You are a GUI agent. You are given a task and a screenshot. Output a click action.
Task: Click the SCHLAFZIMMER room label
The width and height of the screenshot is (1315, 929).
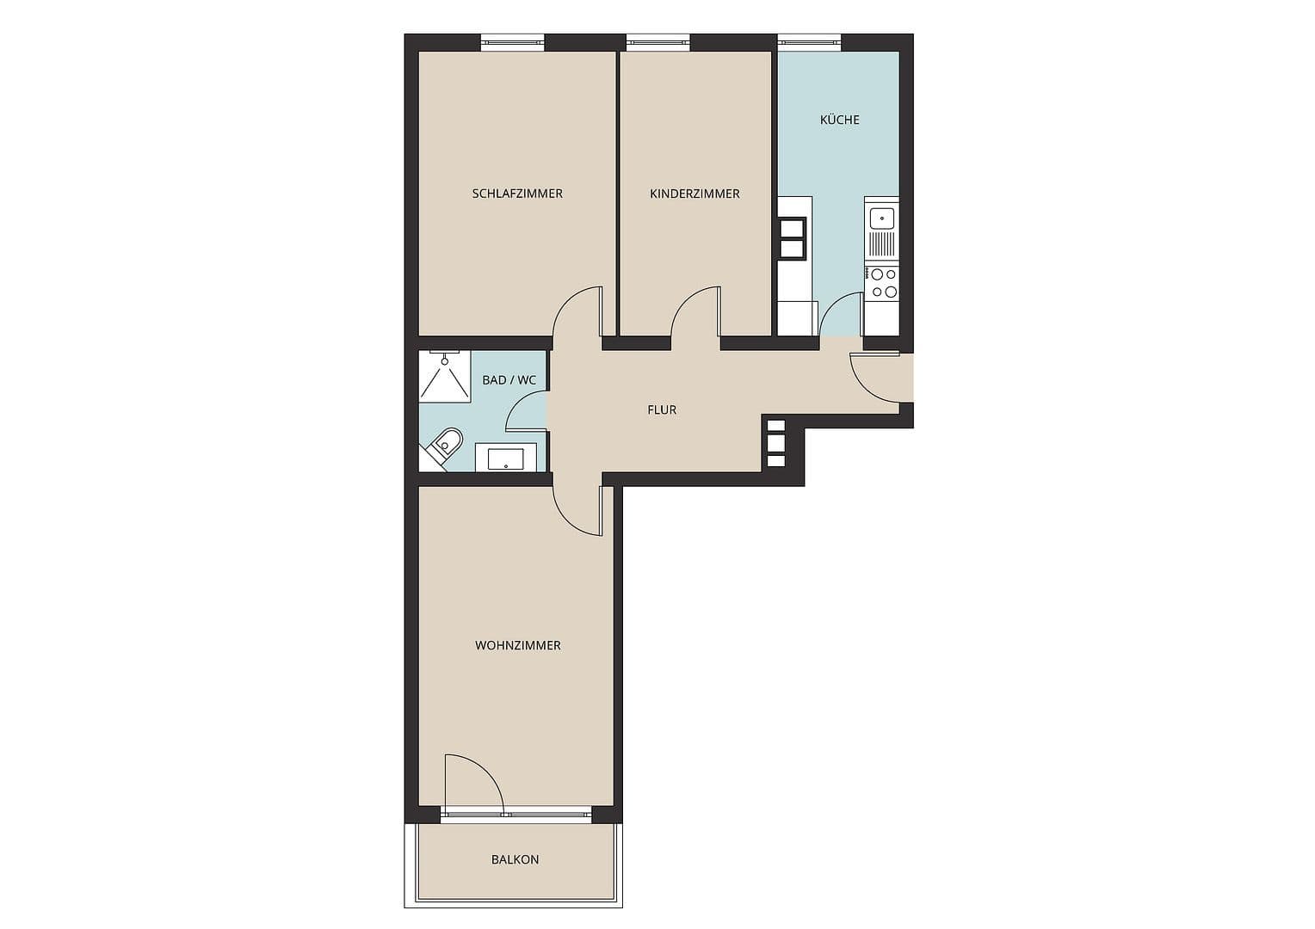[517, 194]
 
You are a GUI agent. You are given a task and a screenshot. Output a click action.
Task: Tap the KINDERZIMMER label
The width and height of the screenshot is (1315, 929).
[695, 194]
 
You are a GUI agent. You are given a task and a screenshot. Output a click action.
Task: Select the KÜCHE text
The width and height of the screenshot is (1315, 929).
[839, 120]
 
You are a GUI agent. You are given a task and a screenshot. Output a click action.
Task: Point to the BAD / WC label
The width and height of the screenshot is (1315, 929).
[509, 379]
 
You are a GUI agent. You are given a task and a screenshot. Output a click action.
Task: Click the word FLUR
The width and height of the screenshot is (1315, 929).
[662, 409]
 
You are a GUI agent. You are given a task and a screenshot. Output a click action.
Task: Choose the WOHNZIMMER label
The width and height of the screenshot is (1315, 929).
[517, 645]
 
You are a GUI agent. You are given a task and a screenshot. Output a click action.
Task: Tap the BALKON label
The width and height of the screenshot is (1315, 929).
[515, 859]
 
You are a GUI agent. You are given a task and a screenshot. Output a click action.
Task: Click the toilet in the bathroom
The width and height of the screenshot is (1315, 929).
[444, 446]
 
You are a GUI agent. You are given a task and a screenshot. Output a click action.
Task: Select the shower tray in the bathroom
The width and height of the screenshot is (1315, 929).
[444, 375]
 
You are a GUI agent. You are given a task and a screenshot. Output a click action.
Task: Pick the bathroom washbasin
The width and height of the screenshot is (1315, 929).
[506, 458]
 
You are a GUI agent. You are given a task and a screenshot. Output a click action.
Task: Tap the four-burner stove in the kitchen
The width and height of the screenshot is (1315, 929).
[882, 283]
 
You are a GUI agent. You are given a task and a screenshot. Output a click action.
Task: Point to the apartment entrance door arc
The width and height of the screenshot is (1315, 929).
[873, 377]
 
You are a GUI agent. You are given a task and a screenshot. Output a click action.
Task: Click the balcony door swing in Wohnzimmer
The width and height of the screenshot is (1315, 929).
[472, 782]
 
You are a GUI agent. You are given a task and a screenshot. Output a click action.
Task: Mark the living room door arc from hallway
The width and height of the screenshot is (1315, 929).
[577, 511]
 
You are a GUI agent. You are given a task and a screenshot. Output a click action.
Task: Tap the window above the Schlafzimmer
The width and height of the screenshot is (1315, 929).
[512, 40]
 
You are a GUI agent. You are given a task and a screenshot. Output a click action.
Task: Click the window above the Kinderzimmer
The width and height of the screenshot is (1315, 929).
[658, 40]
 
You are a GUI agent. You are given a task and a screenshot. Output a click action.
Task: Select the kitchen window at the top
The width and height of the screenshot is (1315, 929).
[809, 40]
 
